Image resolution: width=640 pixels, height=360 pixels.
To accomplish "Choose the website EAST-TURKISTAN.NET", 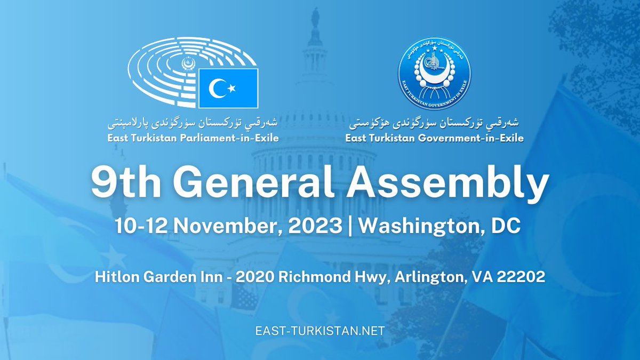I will (320, 331).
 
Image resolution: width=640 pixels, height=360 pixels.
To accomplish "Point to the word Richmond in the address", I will (312, 277).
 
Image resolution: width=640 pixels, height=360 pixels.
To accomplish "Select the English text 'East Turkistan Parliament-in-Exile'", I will (193, 139).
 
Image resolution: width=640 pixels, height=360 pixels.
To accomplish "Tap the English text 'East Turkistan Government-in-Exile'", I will (434, 139).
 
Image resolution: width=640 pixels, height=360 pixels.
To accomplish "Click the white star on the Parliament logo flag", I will (233, 87).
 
